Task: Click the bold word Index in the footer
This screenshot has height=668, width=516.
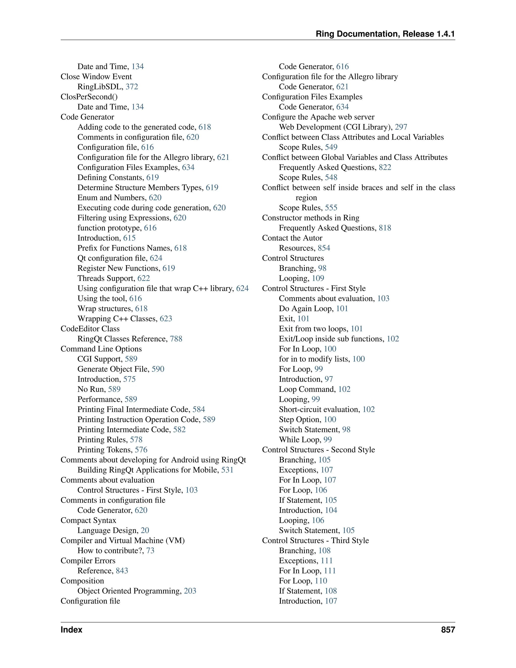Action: [x=71, y=629]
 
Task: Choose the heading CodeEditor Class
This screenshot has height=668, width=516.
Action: [x=90, y=328]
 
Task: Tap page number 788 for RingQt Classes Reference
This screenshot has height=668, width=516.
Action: [x=176, y=339]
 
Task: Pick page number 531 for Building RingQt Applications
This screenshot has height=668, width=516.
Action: [x=227, y=470]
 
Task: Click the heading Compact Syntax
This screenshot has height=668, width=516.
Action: [x=88, y=520]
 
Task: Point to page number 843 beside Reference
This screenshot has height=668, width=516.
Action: [x=122, y=571]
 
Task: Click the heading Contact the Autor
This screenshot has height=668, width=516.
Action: [x=292, y=238]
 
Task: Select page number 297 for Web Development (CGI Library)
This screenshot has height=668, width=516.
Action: [x=401, y=127]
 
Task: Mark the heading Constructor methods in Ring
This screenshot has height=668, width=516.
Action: [x=311, y=218]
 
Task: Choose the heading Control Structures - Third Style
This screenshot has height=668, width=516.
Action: [x=315, y=540]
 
